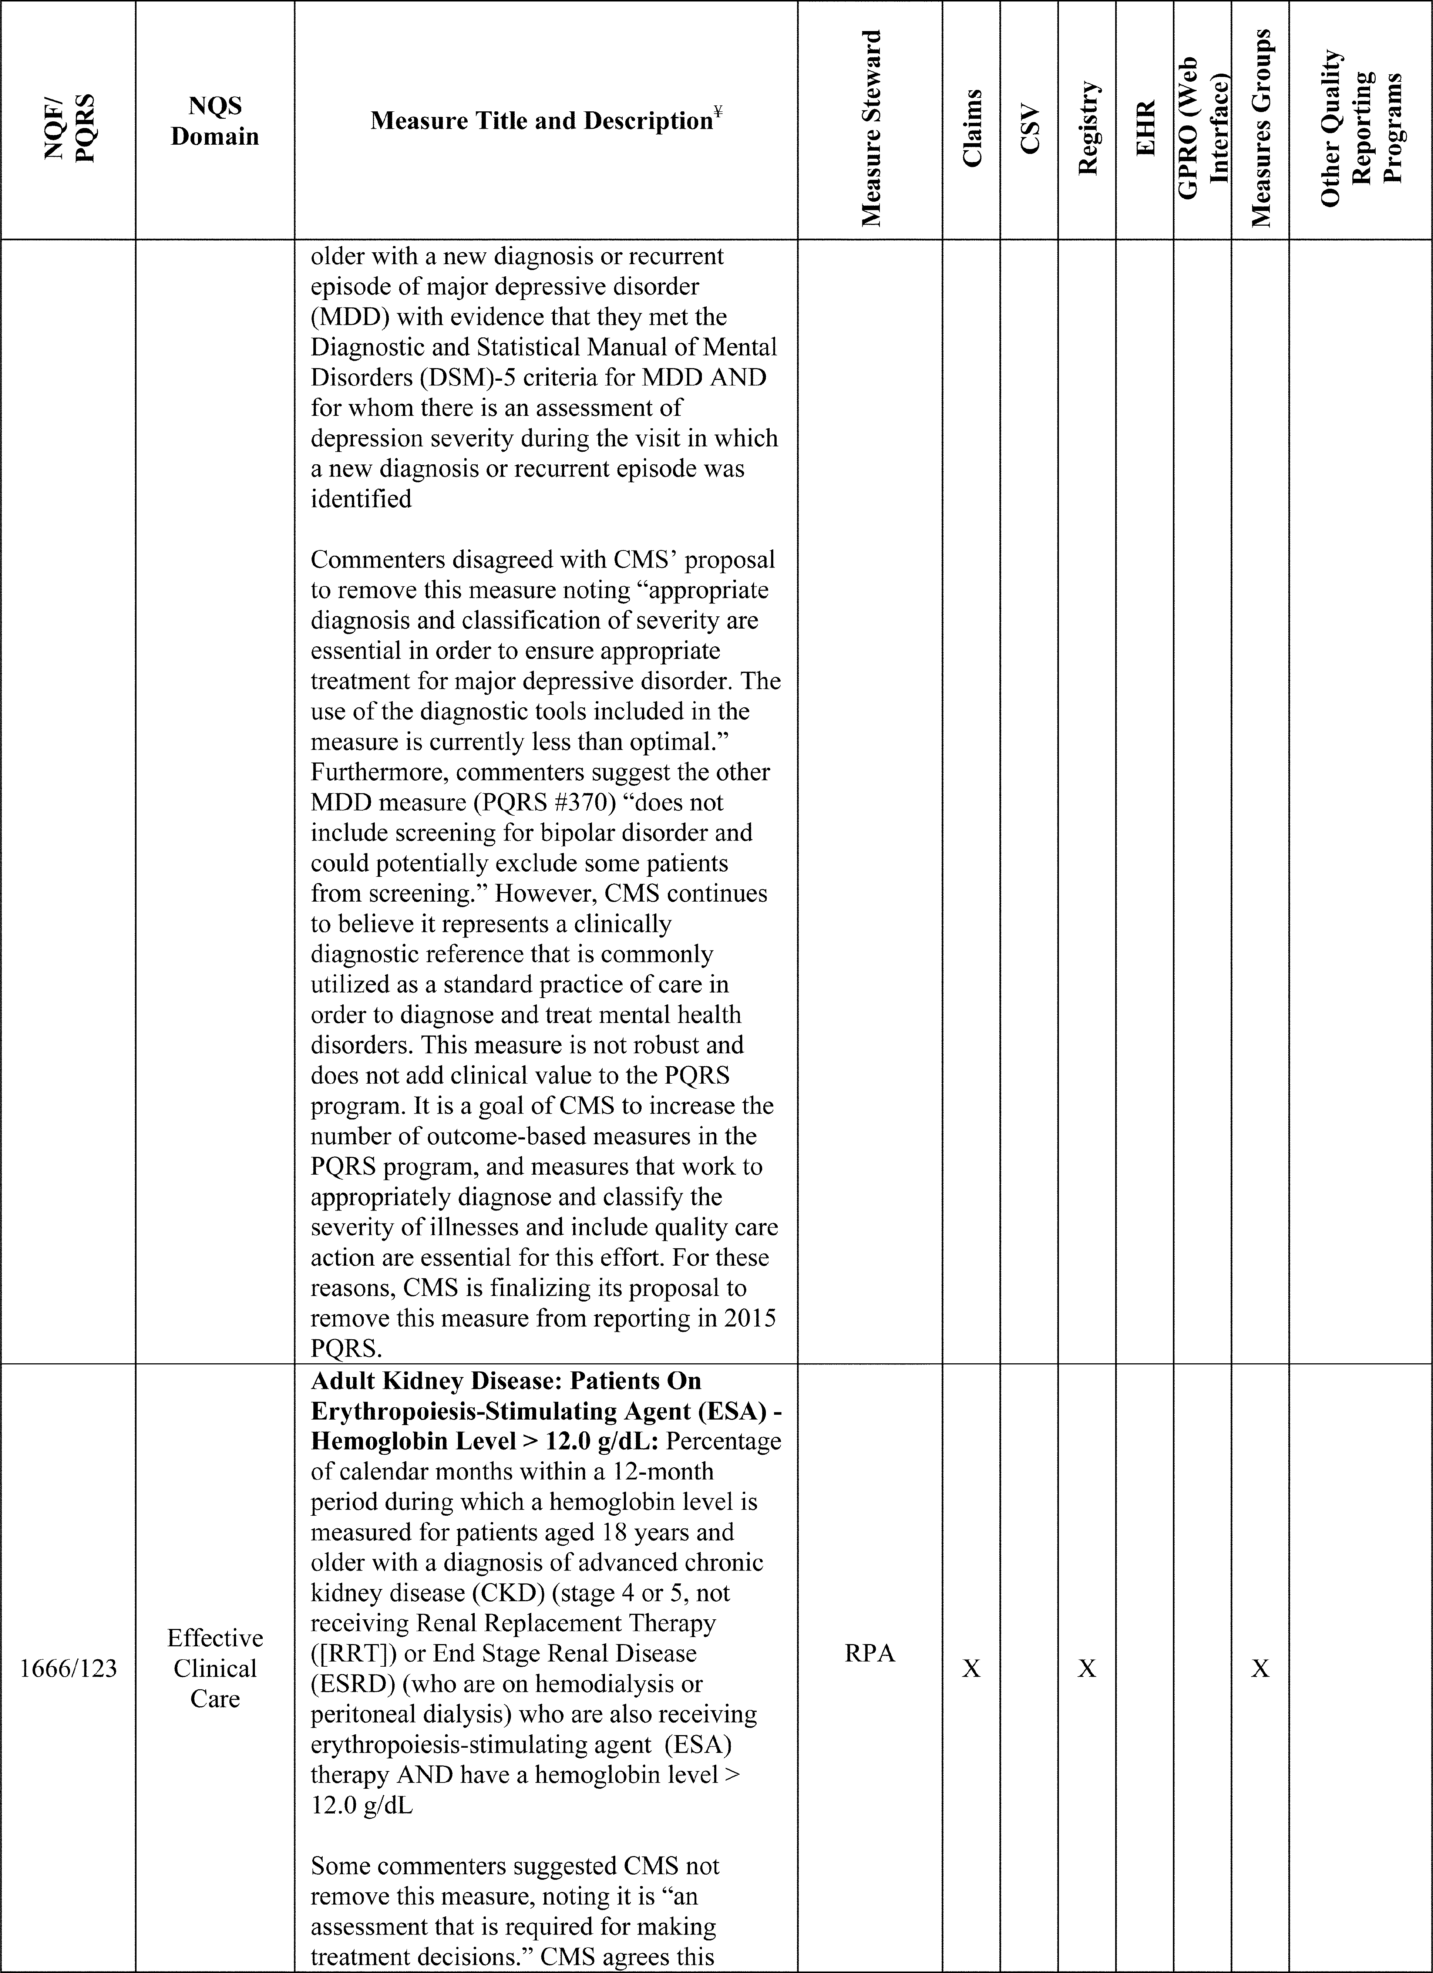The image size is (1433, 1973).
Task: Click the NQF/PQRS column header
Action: coord(68,129)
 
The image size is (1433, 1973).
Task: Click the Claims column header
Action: coord(972,129)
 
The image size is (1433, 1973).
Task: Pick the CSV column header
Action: coord(1029,129)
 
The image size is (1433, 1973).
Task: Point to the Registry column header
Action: coord(1087,129)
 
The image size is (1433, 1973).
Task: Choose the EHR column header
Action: coord(1145,129)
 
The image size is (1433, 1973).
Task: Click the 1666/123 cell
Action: coord(68,1669)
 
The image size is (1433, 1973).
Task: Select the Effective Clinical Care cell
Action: coord(215,1669)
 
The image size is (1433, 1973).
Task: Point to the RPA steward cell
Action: coord(870,1654)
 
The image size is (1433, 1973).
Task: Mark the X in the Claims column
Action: coord(972,1669)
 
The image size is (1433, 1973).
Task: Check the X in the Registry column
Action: coord(1087,1669)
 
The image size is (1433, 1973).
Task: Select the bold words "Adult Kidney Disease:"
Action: coord(418,1381)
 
